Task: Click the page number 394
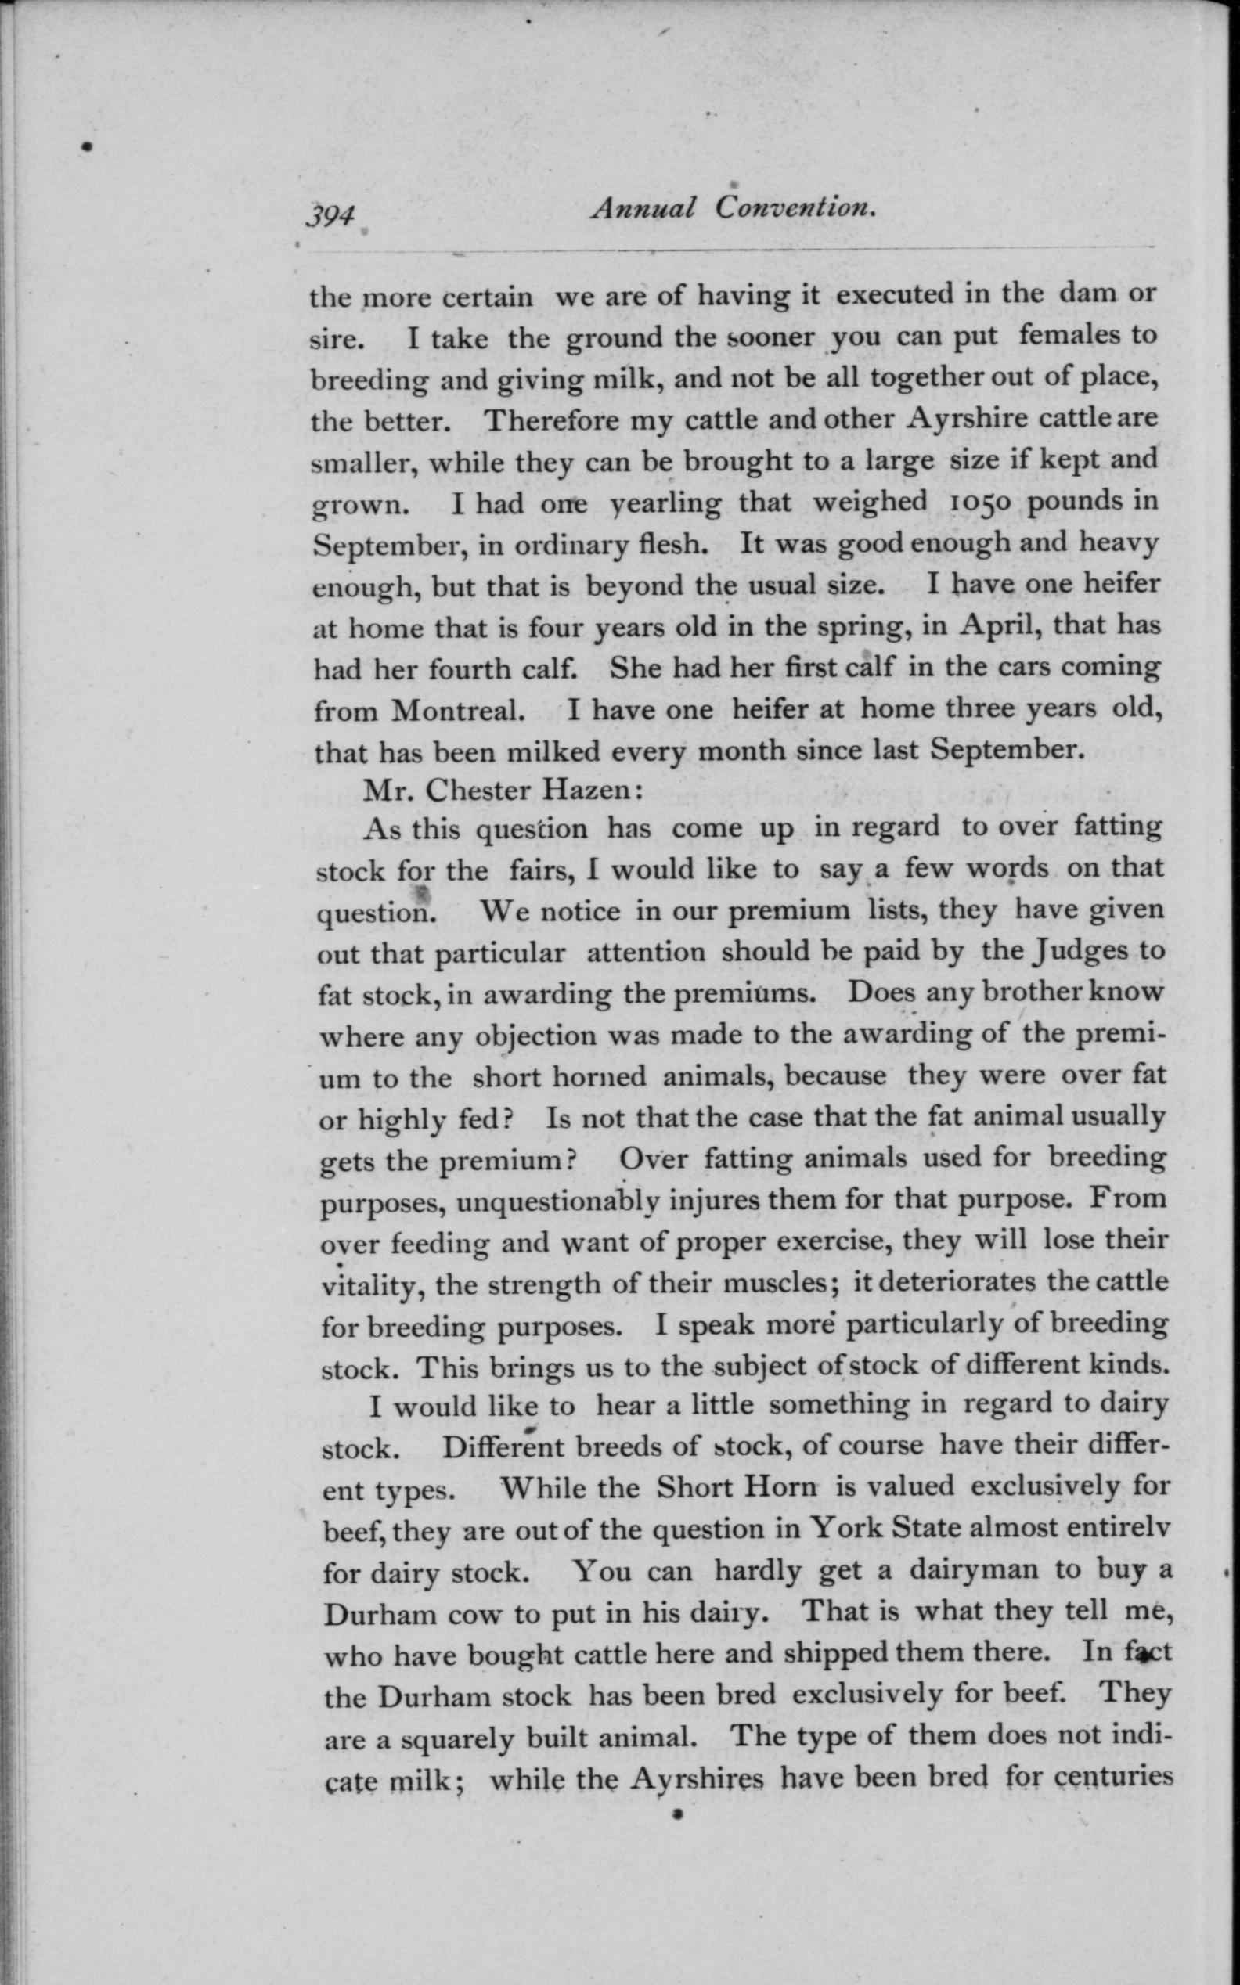click(x=330, y=215)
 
